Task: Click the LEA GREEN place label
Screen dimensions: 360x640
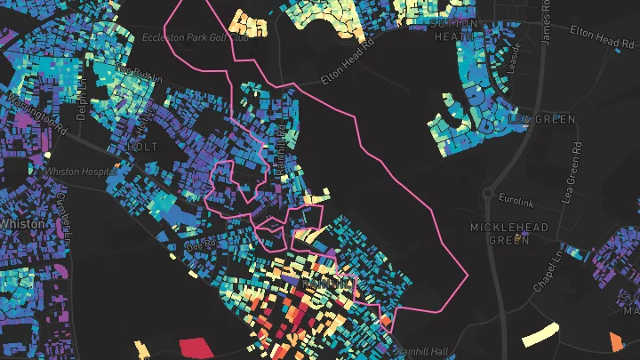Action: pos(541,118)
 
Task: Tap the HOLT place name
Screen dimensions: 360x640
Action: pos(142,147)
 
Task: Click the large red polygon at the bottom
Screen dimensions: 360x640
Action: pos(198,348)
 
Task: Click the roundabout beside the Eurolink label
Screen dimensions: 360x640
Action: pos(487,193)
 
